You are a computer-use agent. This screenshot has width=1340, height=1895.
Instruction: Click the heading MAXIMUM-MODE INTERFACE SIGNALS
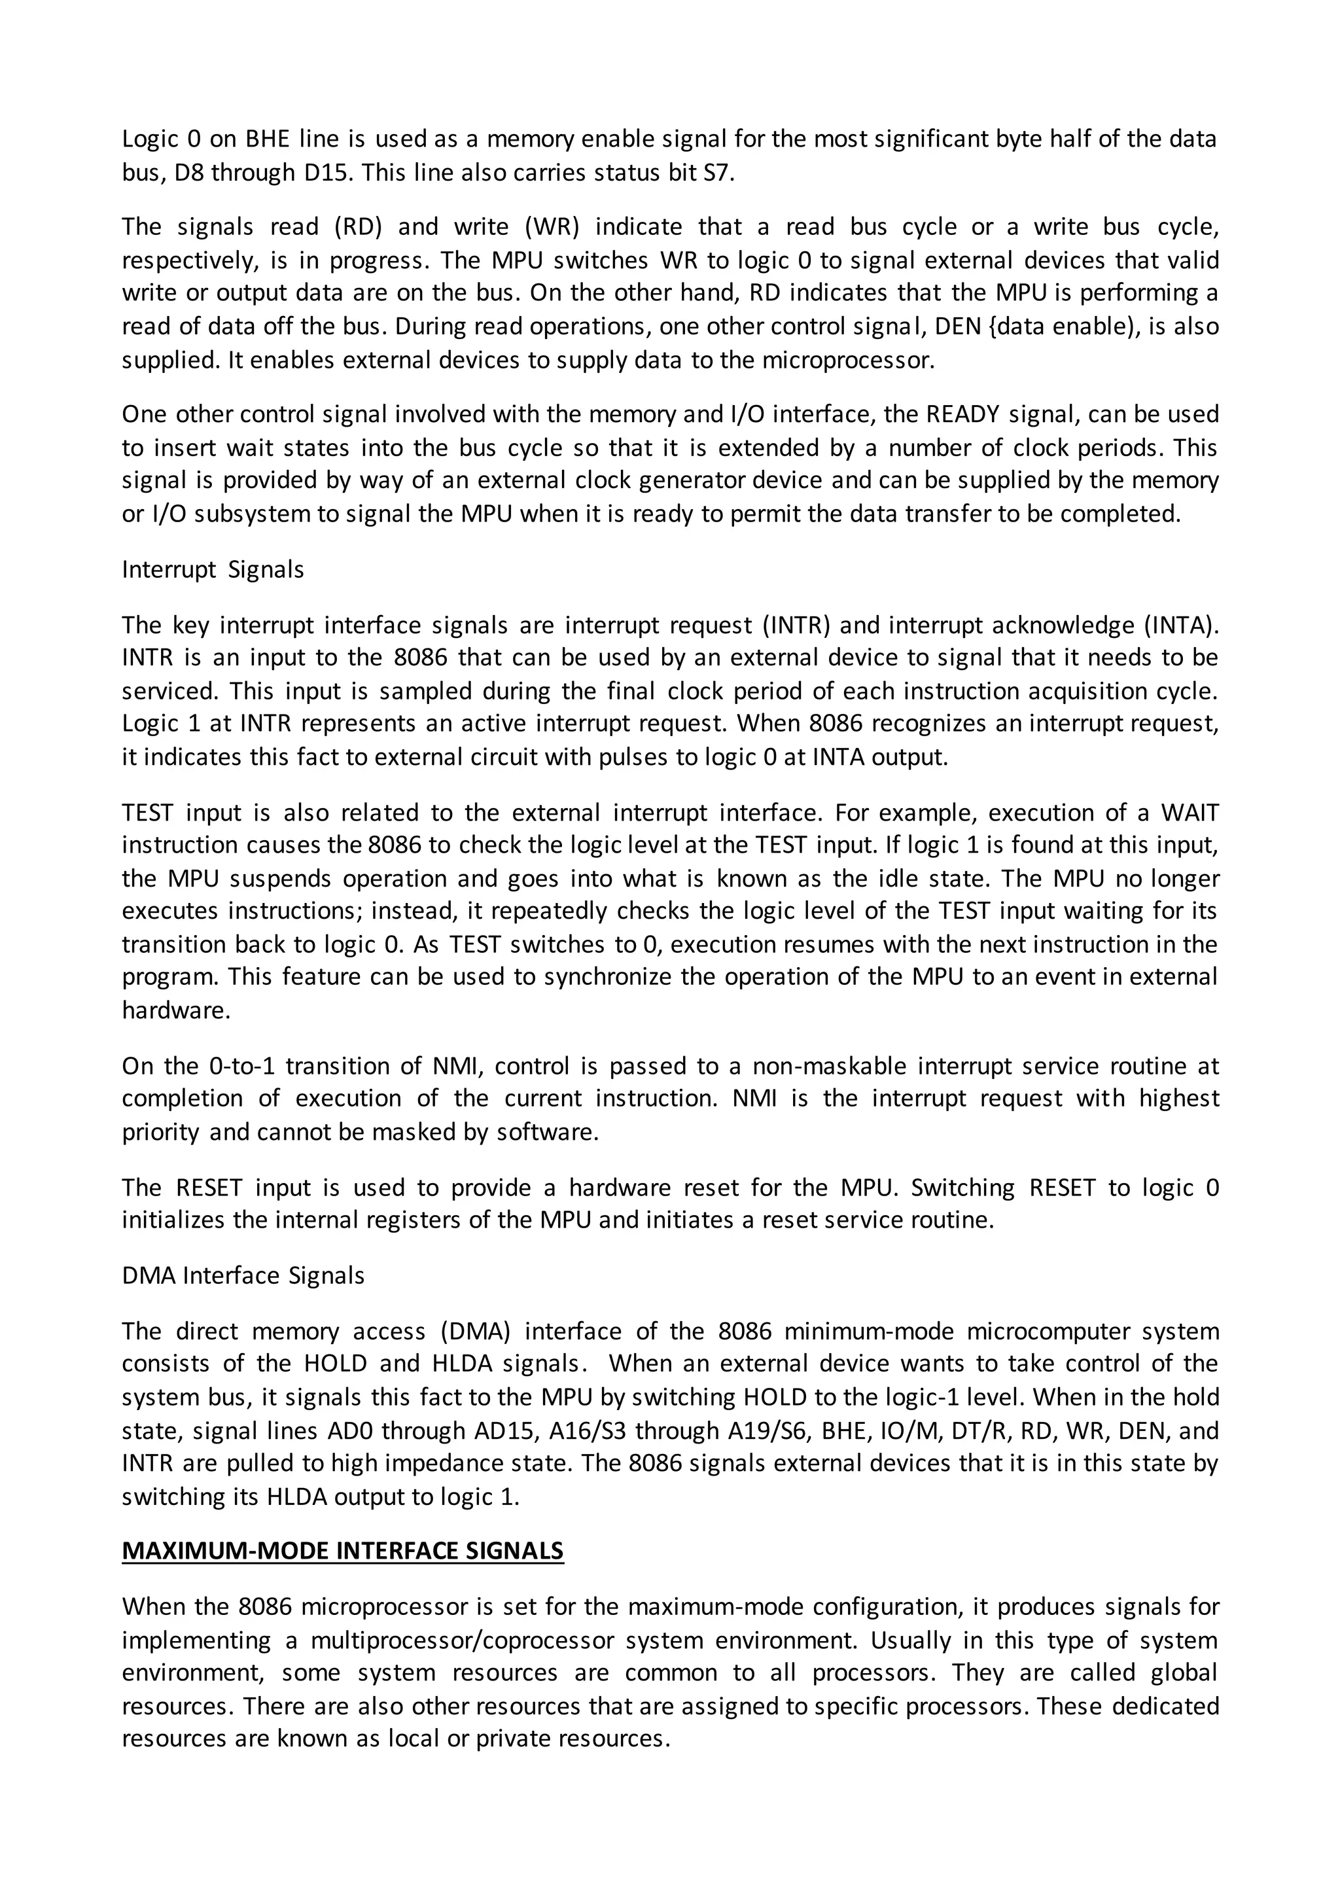pos(342,1551)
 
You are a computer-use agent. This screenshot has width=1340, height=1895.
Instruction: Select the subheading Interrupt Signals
pos(213,569)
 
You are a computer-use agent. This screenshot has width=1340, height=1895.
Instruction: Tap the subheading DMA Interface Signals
pos(243,1275)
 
